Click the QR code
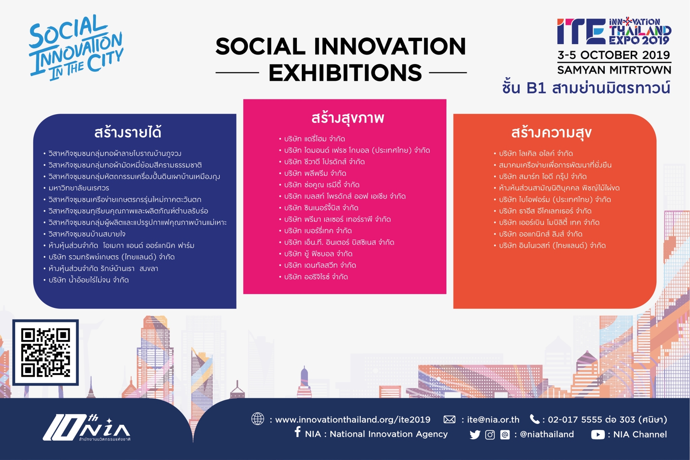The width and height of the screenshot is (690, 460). tap(45, 352)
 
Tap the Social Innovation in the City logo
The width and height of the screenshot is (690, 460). tap(76, 47)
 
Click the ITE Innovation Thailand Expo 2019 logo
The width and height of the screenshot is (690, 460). tap(614, 31)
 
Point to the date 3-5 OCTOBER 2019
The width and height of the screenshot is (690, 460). tap(614, 55)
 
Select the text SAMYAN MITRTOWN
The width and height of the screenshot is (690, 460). tap(614, 70)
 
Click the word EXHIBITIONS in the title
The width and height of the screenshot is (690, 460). tap(345, 73)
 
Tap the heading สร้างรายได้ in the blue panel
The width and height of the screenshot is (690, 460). tap(128, 132)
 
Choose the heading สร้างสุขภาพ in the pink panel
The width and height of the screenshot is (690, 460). tap(347, 118)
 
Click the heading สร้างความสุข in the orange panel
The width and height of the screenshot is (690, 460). tap(551, 132)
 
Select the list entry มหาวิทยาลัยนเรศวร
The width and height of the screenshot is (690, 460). tap(79, 188)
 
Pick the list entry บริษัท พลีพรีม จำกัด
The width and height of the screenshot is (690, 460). tap(315, 174)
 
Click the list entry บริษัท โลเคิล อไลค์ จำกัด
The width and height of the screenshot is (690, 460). tap(536, 154)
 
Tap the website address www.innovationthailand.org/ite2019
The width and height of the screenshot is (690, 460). tap(353, 420)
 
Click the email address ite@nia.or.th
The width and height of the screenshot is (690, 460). tap(493, 420)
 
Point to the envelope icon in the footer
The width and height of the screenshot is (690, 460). tap(449, 420)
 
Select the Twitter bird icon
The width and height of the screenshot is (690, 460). tap(475, 435)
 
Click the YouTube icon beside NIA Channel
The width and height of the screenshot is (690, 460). tap(598, 435)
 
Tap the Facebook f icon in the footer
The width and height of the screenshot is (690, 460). tap(297, 432)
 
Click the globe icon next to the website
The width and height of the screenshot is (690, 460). tap(258, 419)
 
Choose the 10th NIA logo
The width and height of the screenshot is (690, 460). tap(87, 428)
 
